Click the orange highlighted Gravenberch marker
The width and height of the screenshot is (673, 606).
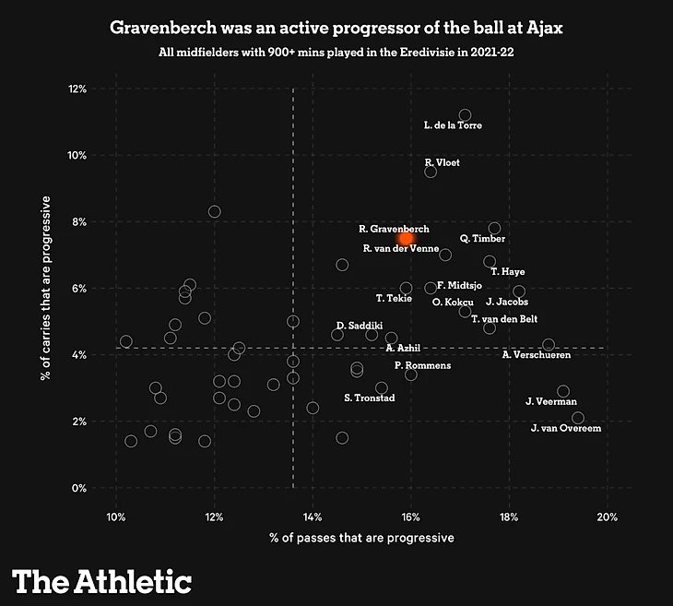(406, 238)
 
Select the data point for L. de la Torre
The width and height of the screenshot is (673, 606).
(465, 114)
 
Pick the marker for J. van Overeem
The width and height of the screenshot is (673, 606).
(578, 418)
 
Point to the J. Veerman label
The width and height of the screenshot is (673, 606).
(550, 401)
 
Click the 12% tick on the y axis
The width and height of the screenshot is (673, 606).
(77, 89)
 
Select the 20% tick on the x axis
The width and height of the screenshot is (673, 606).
(608, 514)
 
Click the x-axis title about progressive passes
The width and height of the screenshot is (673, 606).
(361, 537)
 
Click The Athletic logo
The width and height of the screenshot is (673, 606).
(101, 581)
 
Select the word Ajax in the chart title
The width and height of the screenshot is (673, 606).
(544, 28)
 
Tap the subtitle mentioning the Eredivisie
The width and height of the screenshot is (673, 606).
(336, 52)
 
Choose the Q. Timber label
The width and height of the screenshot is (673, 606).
(482, 239)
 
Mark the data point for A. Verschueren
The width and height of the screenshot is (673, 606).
(549, 345)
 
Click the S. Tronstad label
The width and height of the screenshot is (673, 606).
(369, 398)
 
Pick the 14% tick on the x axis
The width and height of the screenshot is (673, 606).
(313, 514)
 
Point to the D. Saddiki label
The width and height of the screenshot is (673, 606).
(353, 326)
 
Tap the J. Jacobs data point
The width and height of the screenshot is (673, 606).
(519, 291)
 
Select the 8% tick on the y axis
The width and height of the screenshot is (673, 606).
(78, 221)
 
